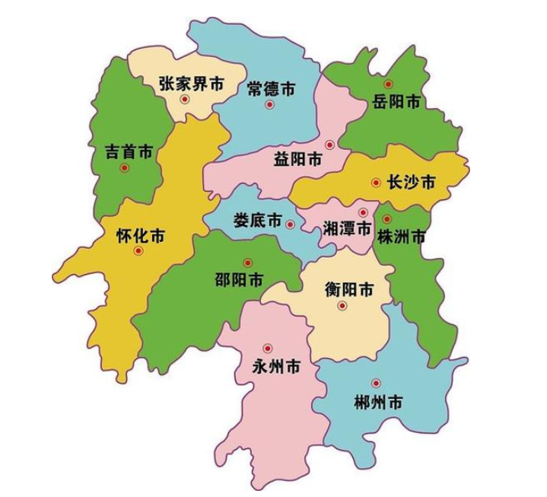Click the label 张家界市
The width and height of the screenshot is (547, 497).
click(191, 84)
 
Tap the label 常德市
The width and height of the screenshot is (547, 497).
click(271, 89)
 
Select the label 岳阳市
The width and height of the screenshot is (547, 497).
click(396, 101)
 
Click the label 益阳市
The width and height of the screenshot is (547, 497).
click(297, 160)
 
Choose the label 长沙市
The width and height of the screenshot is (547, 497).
click(412, 183)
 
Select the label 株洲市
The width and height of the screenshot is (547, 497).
click(401, 236)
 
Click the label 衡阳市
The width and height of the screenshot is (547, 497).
click(349, 290)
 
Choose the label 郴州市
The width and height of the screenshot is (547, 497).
click(378, 403)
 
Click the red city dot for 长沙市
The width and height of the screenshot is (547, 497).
click(375, 183)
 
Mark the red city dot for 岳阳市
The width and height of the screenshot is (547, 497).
click(388, 84)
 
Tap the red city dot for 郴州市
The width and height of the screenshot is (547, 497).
click(375, 384)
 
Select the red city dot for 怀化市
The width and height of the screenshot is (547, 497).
click(138, 250)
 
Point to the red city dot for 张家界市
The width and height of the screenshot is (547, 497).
click(183, 99)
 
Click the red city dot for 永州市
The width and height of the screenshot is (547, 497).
click(267, 349)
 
